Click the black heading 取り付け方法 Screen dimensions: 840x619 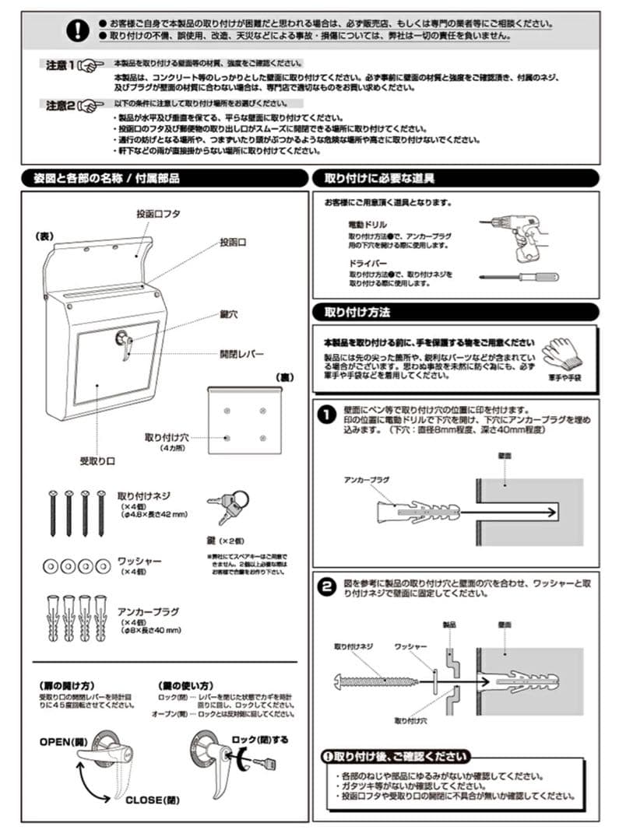357,312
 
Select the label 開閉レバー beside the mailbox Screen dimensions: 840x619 242,353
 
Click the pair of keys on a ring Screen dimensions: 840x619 228,506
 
